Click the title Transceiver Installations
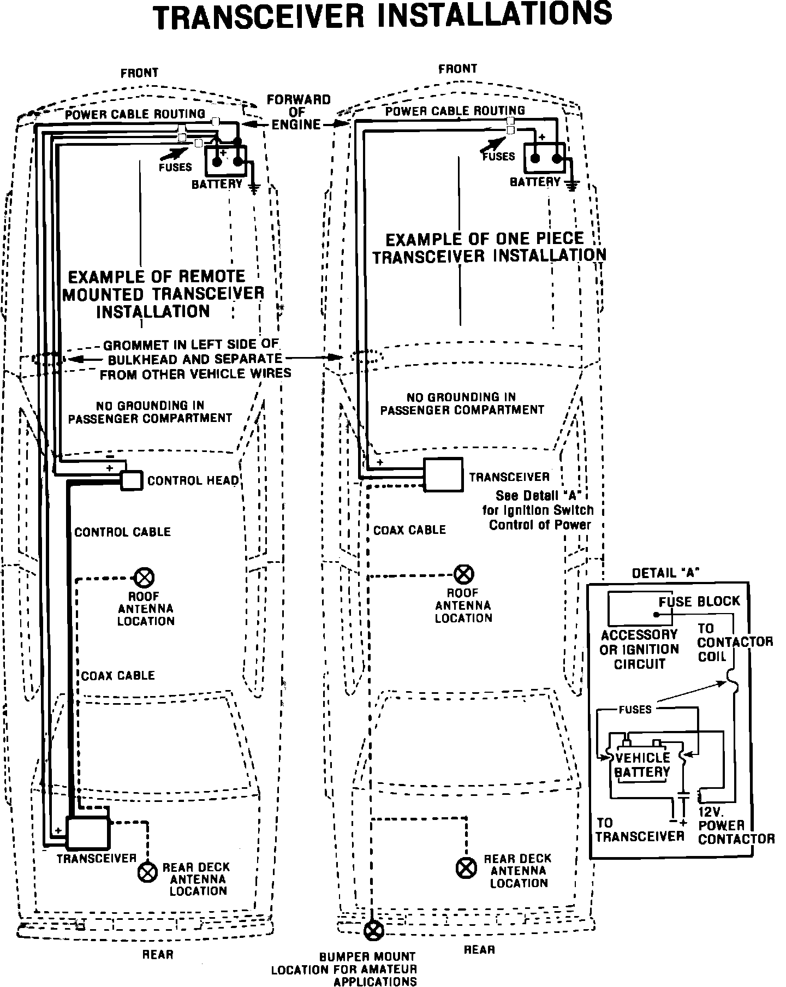[x=382, y=16]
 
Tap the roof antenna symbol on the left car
[x=145, y=577]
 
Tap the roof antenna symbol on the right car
[x=464, y=574]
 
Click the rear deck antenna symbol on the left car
[x=147, y=872]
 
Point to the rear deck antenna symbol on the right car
[x=466, y=868]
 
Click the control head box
[x=131, y=480]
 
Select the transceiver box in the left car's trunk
[x=87, y=833]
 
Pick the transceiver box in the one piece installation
[x=443, y=474]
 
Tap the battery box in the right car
[x=544, y=157]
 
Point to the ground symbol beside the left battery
[x=254, y=189]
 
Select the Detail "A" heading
[x=665, y=573]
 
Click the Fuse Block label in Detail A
[x=699, y=602]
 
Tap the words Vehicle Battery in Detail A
[x=642, y=765]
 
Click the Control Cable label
[x=122, y=532]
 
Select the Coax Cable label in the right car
[x=409, y=530]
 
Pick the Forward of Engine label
[x=297, y=112]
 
